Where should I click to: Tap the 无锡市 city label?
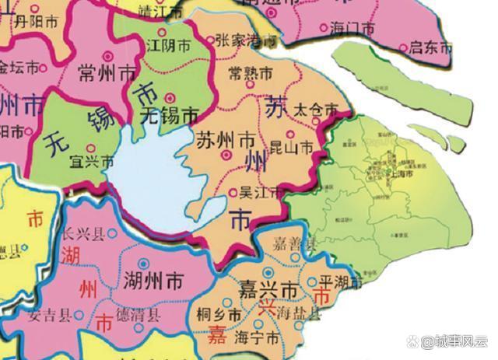point(169,117)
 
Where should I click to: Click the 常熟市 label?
point(251,75)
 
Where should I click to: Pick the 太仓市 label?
point(315,111)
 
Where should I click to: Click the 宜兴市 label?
point(92,162)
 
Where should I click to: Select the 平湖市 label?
point(336,283)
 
